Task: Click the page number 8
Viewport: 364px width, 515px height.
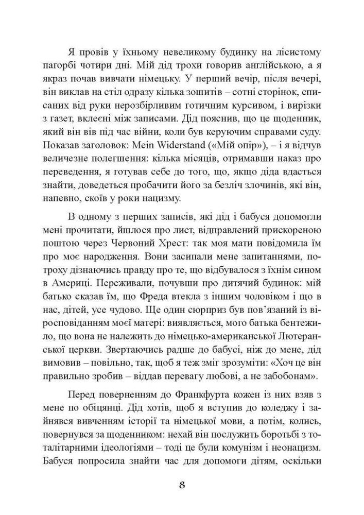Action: [182, 485]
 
